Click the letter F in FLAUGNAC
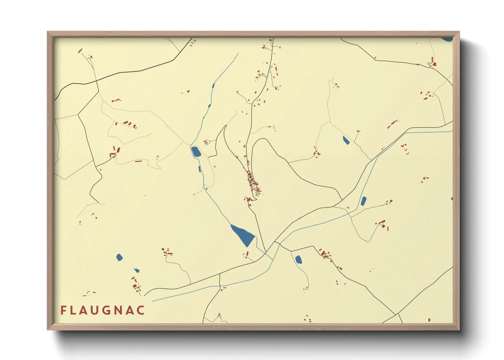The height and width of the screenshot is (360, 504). [64, 310]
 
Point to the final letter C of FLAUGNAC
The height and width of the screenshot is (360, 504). [140, 310]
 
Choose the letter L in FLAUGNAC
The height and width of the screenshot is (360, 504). [75, 310]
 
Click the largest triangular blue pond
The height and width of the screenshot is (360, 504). [243, 234]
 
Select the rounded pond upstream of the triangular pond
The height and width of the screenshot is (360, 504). [196, 152]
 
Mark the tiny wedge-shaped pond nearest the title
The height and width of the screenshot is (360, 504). [137, 271]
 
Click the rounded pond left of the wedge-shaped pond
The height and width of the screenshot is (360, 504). [119, 257]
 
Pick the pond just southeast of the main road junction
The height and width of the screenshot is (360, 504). [298, 260]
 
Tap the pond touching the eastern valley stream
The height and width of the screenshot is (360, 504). [363, 201]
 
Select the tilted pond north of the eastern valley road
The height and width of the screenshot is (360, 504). [346, 140]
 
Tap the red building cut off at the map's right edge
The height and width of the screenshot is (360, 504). [452, 198]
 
